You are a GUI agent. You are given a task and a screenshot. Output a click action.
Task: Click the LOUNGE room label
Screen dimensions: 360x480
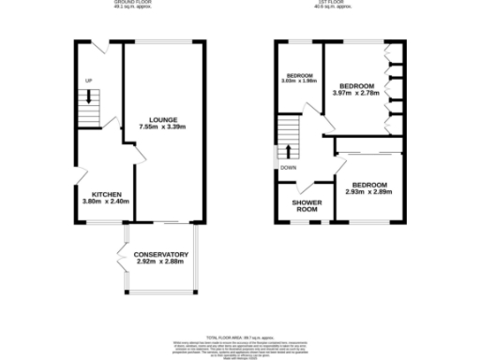click(x=157, y=119)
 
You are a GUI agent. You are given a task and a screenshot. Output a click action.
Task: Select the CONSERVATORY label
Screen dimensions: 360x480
click(x=157, y=254)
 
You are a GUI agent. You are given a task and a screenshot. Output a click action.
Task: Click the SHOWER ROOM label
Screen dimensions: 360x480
click(x=306, y=206)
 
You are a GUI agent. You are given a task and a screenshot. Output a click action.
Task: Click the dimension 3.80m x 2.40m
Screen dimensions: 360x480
click(x=103, y=202)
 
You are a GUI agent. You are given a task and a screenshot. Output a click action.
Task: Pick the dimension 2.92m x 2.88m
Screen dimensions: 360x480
click(x=157, y=262)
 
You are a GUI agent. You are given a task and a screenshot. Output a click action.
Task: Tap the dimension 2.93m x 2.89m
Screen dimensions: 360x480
click(x=367, y=191)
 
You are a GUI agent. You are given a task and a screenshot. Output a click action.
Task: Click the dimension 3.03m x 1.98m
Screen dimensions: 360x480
click(x=298, y=81)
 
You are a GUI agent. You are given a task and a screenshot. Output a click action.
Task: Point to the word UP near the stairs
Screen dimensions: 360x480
click(x=89, y=80)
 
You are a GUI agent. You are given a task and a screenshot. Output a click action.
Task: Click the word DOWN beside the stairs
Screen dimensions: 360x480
click(x=288, y=168)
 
